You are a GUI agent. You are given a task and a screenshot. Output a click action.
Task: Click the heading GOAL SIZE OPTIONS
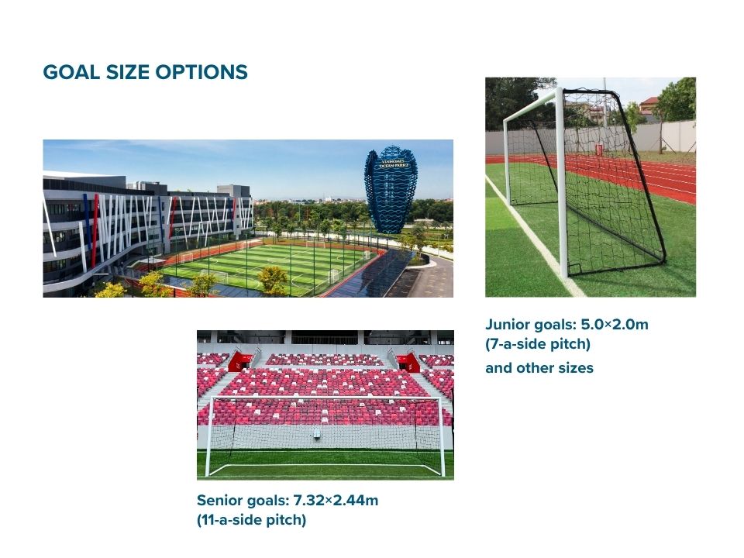145,73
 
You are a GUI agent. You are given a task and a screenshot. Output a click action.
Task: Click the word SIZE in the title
126,73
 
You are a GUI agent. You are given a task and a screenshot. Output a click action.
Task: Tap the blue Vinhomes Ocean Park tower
391,189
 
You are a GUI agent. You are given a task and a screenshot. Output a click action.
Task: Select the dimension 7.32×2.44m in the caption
336,500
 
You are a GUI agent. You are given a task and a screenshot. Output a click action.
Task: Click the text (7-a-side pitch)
538,344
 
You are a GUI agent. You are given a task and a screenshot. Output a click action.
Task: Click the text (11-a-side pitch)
251,520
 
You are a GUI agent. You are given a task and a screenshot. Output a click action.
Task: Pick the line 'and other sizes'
539,368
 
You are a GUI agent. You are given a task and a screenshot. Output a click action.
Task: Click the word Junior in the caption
507,325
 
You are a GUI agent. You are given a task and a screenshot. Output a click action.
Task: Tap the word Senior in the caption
219,500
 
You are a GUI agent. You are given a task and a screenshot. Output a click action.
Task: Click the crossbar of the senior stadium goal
325,398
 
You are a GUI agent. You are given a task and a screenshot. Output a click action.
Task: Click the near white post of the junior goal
562,186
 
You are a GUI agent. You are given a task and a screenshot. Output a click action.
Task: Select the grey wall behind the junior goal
674,136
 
